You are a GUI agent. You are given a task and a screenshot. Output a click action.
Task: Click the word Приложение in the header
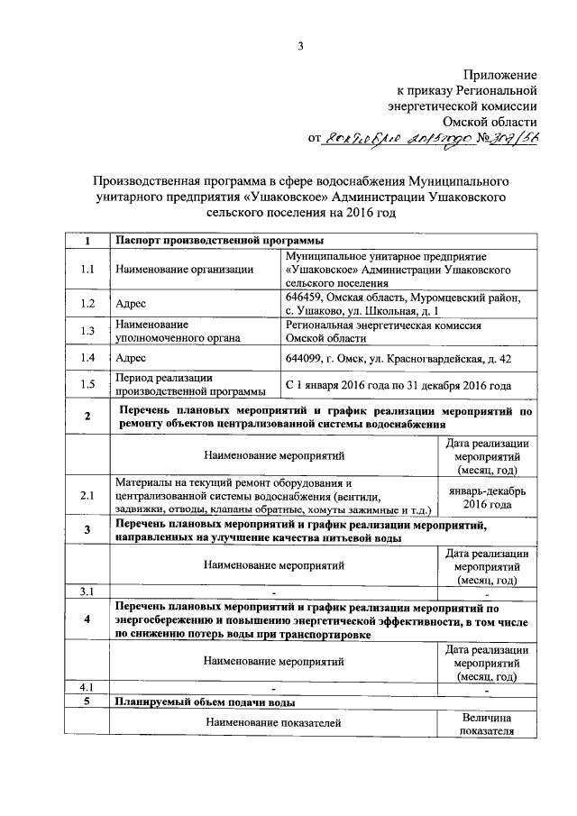pos(500,74)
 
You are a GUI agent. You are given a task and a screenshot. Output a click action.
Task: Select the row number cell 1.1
pos(87,269)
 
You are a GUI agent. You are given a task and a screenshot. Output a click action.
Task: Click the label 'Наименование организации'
pos(184,269)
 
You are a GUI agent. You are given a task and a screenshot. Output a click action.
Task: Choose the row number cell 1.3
pos(87,331)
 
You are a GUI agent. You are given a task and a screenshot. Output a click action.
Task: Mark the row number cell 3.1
pos(87,592)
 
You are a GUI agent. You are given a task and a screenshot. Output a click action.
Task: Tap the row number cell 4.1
pos(87,689)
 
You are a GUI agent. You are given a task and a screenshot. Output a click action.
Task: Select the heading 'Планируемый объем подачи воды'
pos(206,701)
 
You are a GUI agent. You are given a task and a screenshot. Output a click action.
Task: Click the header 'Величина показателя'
pos(488,723)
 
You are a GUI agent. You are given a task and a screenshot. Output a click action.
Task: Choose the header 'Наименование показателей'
pos(274,723)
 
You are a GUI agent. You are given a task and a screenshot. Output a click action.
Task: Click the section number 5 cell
pos(87,701)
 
